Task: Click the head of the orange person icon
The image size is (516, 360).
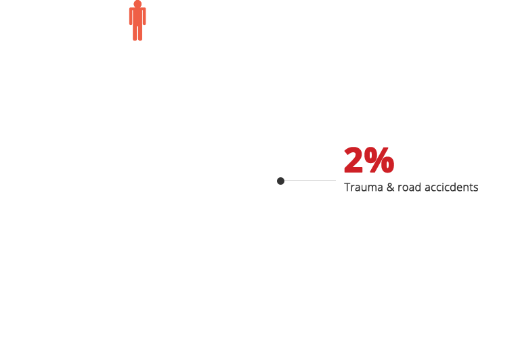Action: (x=137, y=3)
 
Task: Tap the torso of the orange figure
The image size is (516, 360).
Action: (x=137, y=16)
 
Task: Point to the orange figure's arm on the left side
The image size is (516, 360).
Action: (x=131, y=16)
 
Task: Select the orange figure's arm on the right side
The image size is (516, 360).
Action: (x=144, y=16)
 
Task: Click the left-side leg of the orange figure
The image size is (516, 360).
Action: (x=135, y=33)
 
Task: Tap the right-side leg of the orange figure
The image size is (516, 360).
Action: (x=140, y=33)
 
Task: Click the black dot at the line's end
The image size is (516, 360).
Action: (x=281, y=181)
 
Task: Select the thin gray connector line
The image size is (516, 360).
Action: (x=310, y=180)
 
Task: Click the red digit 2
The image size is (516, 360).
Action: (x=353, y=160)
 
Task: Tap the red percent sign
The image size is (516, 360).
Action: (x=379, y=160)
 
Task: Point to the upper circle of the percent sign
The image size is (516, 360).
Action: (x=372, y=155)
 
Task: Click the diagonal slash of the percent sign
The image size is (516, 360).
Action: (x=379, y=160)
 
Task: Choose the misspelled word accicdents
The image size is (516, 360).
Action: (x=452, y=187)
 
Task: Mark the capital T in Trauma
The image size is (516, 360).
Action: (x=347, y=187)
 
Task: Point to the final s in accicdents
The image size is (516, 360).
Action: (x=476, y=188)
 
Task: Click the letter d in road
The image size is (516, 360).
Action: (x=418, y=187)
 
